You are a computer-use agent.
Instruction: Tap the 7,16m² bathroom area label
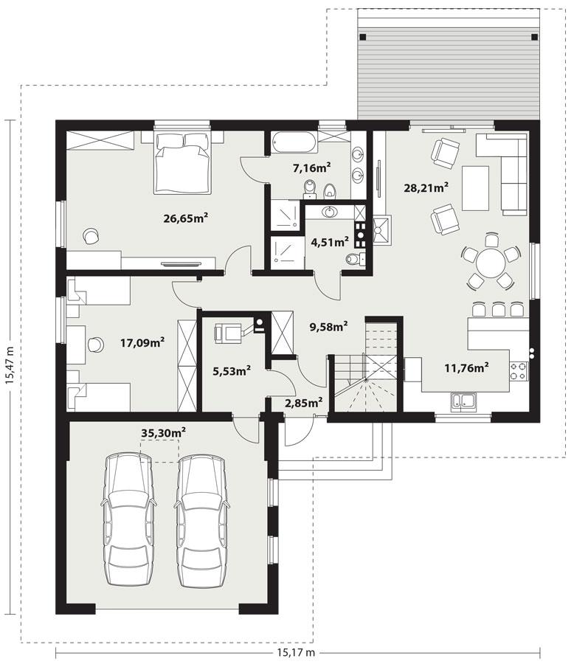point(311,168)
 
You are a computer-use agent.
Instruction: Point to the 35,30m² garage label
point(163,432)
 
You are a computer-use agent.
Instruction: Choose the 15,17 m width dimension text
point(296,652)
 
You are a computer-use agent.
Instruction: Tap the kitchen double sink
point(464,401)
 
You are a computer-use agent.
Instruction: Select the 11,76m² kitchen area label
point(467,367)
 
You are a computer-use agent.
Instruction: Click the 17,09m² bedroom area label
point(142,342)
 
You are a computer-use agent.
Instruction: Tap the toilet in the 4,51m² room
point(353,260)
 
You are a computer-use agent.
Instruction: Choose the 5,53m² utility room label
point(229,370)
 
